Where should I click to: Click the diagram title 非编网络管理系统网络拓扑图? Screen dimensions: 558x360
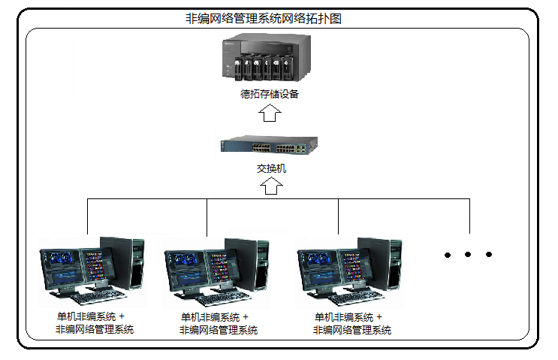pyautogui.click(x=264, y=19)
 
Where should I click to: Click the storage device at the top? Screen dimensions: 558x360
pyautogui.click(x=267, y=57)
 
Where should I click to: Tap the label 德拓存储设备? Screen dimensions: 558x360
pyautogui.click(x=270, y=94)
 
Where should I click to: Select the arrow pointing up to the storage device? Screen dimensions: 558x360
pyautogui.click(x=270, y=113)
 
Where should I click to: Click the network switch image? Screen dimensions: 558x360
pyautogui.click(x=269, y=144)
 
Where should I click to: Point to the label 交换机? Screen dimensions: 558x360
pyautogui.click(x=271, y=168)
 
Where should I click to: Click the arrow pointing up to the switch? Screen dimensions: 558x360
pyautogui.click(x=271, y=186)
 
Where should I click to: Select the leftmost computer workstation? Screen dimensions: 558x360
pyautogui.click(x=92, y=271)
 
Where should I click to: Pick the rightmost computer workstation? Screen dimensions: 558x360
pyautogui.click(x=349, y=272)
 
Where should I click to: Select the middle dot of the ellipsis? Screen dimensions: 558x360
pyautogui.click(x=468, y=254)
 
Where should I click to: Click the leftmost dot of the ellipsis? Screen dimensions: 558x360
pyautogui.click(x=448, y=255)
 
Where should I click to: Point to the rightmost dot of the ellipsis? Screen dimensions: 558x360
pyautogui.click(x=489, y=254)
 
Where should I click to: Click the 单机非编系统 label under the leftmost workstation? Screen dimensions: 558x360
pyautogui.click(x=86, y=316)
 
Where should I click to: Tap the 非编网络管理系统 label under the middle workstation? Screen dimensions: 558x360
pyautogui.click(x=218, y=330)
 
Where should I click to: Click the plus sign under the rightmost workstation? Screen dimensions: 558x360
pyautogui.click(x=379, y=317)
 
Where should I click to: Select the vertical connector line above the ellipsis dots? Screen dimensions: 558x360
pyautogui.click(x=469, y=216)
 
